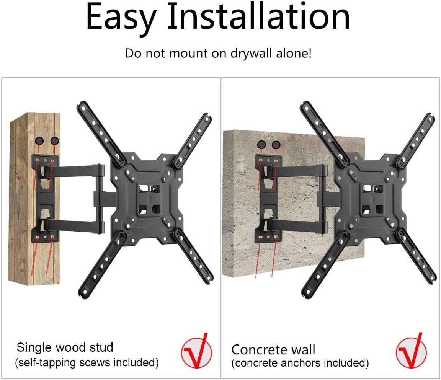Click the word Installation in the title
pos(259,17)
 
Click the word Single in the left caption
pos(35,348)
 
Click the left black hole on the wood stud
pos(39,140)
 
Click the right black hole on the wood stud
pos(55,140)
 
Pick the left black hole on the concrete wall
pos(261,145)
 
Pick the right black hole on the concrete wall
pos(276,145)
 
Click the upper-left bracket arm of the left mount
pos(100,132)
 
